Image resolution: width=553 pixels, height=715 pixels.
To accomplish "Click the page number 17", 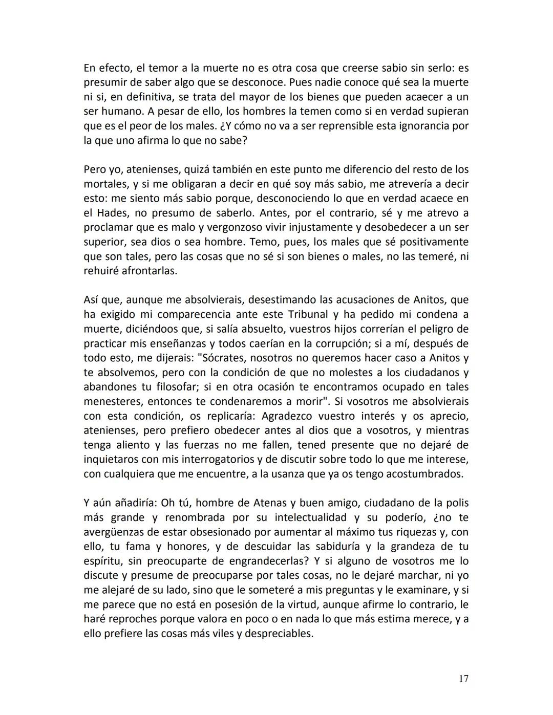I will (x=463, y=679).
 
